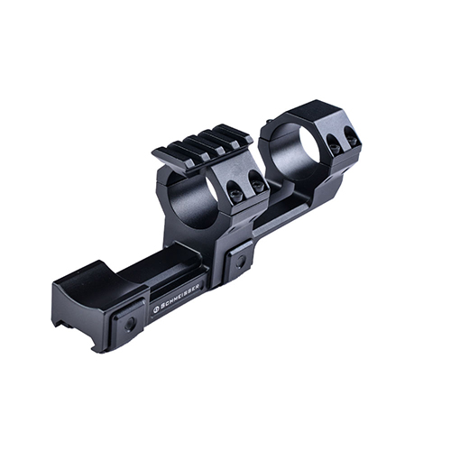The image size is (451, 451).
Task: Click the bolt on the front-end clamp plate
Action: point(130,322)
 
